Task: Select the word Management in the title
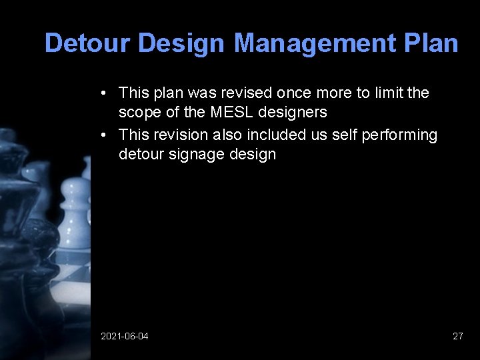click(x=315, y=43)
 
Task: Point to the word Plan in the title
click(x=431, y=43)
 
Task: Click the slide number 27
click(x=457, y=336)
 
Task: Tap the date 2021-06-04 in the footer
click(x=125, y=336)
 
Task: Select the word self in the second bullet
click(x=345, y=135)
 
